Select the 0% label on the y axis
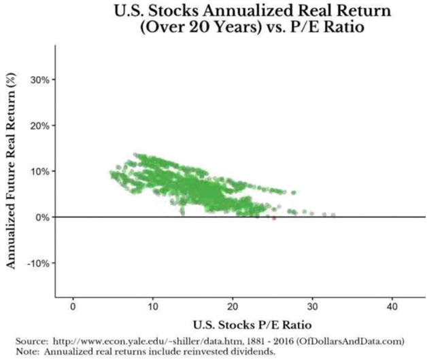pyautogui.click(x=39, y=217)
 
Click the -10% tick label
pyautogui.click(x=35, y=263)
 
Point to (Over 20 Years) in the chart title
pyautogui.click(x=184, y=29)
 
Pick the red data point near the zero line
pyautogui.click(x=273, y=218)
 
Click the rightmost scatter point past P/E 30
pyautogui.click(x=333, y=215)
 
